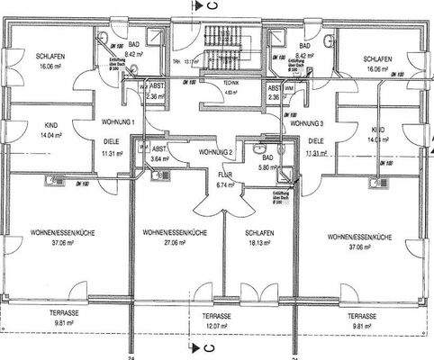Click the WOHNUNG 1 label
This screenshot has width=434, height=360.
(x=119, y=121)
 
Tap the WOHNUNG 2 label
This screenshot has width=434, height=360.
(x=215, y=151)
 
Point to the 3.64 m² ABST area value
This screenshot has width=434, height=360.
(x=159, y=158)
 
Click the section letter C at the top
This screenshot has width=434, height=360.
(x=209, y=6)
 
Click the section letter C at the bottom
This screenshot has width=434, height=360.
(x=209, y=346)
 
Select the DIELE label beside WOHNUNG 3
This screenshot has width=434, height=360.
(x=316, y=141)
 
